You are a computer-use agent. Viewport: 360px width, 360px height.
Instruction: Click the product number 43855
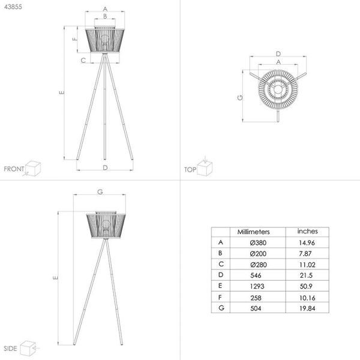[13, 7]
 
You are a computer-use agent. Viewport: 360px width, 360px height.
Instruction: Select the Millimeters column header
[253, 232]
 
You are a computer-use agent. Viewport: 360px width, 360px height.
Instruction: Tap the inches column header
[307, 231]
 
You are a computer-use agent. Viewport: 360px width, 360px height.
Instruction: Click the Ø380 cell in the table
[258, 242]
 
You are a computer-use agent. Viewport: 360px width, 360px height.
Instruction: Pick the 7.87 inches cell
[305, 254]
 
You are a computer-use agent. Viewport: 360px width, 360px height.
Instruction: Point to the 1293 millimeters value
[257, 286]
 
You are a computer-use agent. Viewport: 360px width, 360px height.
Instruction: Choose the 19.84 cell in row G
[307, 308]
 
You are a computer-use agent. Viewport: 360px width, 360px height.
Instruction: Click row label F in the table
[220, 298]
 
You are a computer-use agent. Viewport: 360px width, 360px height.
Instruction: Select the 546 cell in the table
[256, 275]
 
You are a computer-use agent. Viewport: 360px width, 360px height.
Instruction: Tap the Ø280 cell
[259, 265]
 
